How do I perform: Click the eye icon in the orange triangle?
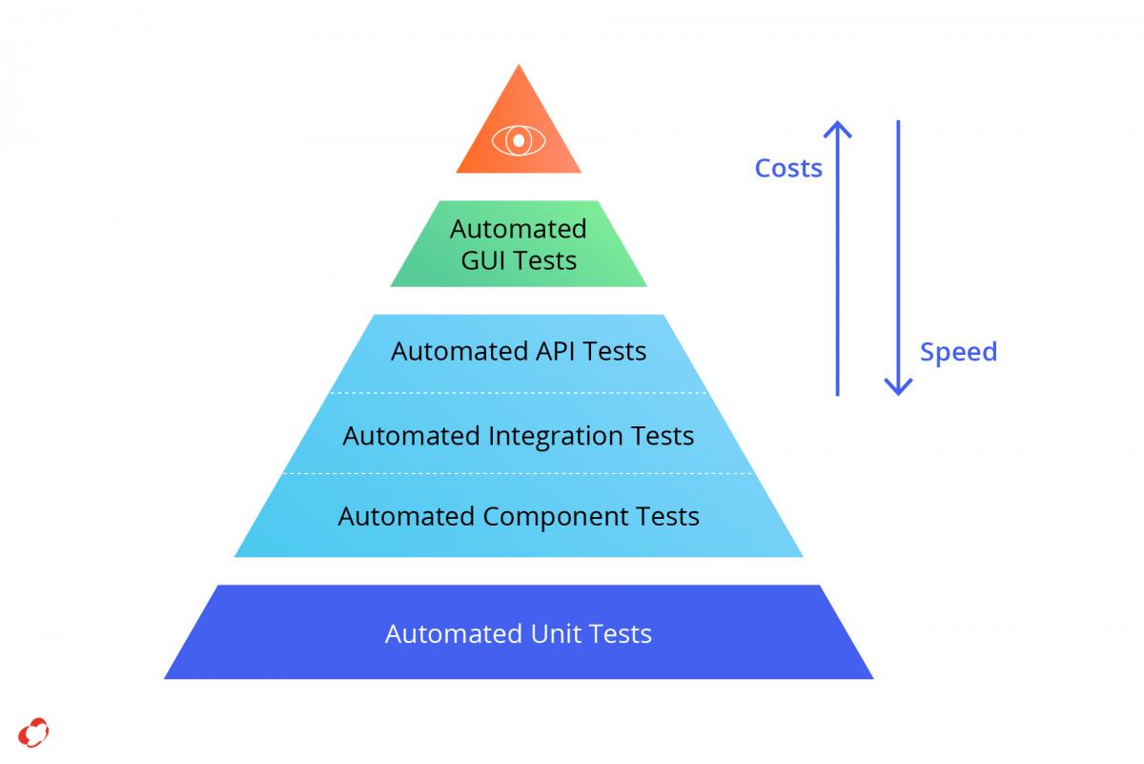pyautogui.click(x=519, y=140)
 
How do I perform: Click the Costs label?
pyautogui.click(x=788, y=168)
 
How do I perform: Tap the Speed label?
pyautogui.click(x=958, y=352)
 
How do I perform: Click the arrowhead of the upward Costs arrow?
pyautogui.click(x=838, y=128)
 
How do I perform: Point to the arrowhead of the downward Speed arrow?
pyautogui.click(x=898, y=388)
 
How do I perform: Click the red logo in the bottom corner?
pyautogui.click(x=33, y=733)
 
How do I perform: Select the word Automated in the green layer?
pyautogui.click(x=519, y=229)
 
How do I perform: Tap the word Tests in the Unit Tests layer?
pyautogui.click(x=620, y=633)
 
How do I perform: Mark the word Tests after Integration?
pyautogui.click(x=663, y=437)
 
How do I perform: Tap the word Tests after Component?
pyautogui.click(x=667, y=516)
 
